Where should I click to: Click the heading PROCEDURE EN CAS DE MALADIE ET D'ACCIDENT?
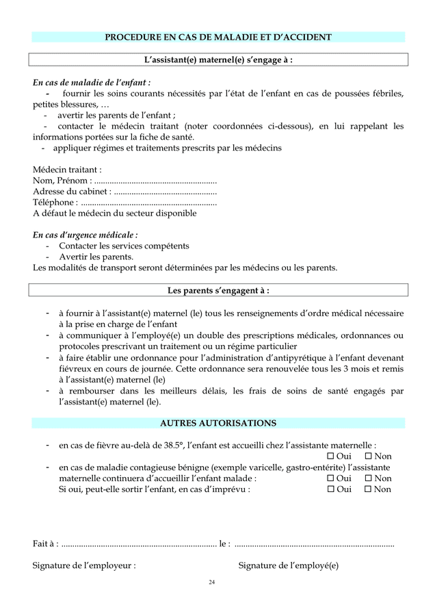coord(218,37)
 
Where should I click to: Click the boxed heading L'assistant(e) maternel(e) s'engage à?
coord(218,60)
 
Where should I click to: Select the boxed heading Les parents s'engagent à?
coord(218,290)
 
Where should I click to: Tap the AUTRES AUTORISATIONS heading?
coord(218,423)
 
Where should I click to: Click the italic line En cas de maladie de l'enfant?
coord(92,83)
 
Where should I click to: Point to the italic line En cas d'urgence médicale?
coord(85,235)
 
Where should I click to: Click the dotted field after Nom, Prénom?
coord(155,181)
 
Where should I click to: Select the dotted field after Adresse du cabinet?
coord(165,192)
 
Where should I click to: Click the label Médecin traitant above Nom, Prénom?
coord(68,169)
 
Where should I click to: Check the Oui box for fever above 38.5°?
coord(330,457)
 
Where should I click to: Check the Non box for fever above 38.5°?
coord(368,457)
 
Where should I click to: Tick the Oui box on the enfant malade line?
coord(330,478)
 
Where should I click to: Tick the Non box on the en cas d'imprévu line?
coord(368,489)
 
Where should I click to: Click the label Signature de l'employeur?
coord(83,565)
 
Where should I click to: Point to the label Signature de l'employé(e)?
coord(288,565)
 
